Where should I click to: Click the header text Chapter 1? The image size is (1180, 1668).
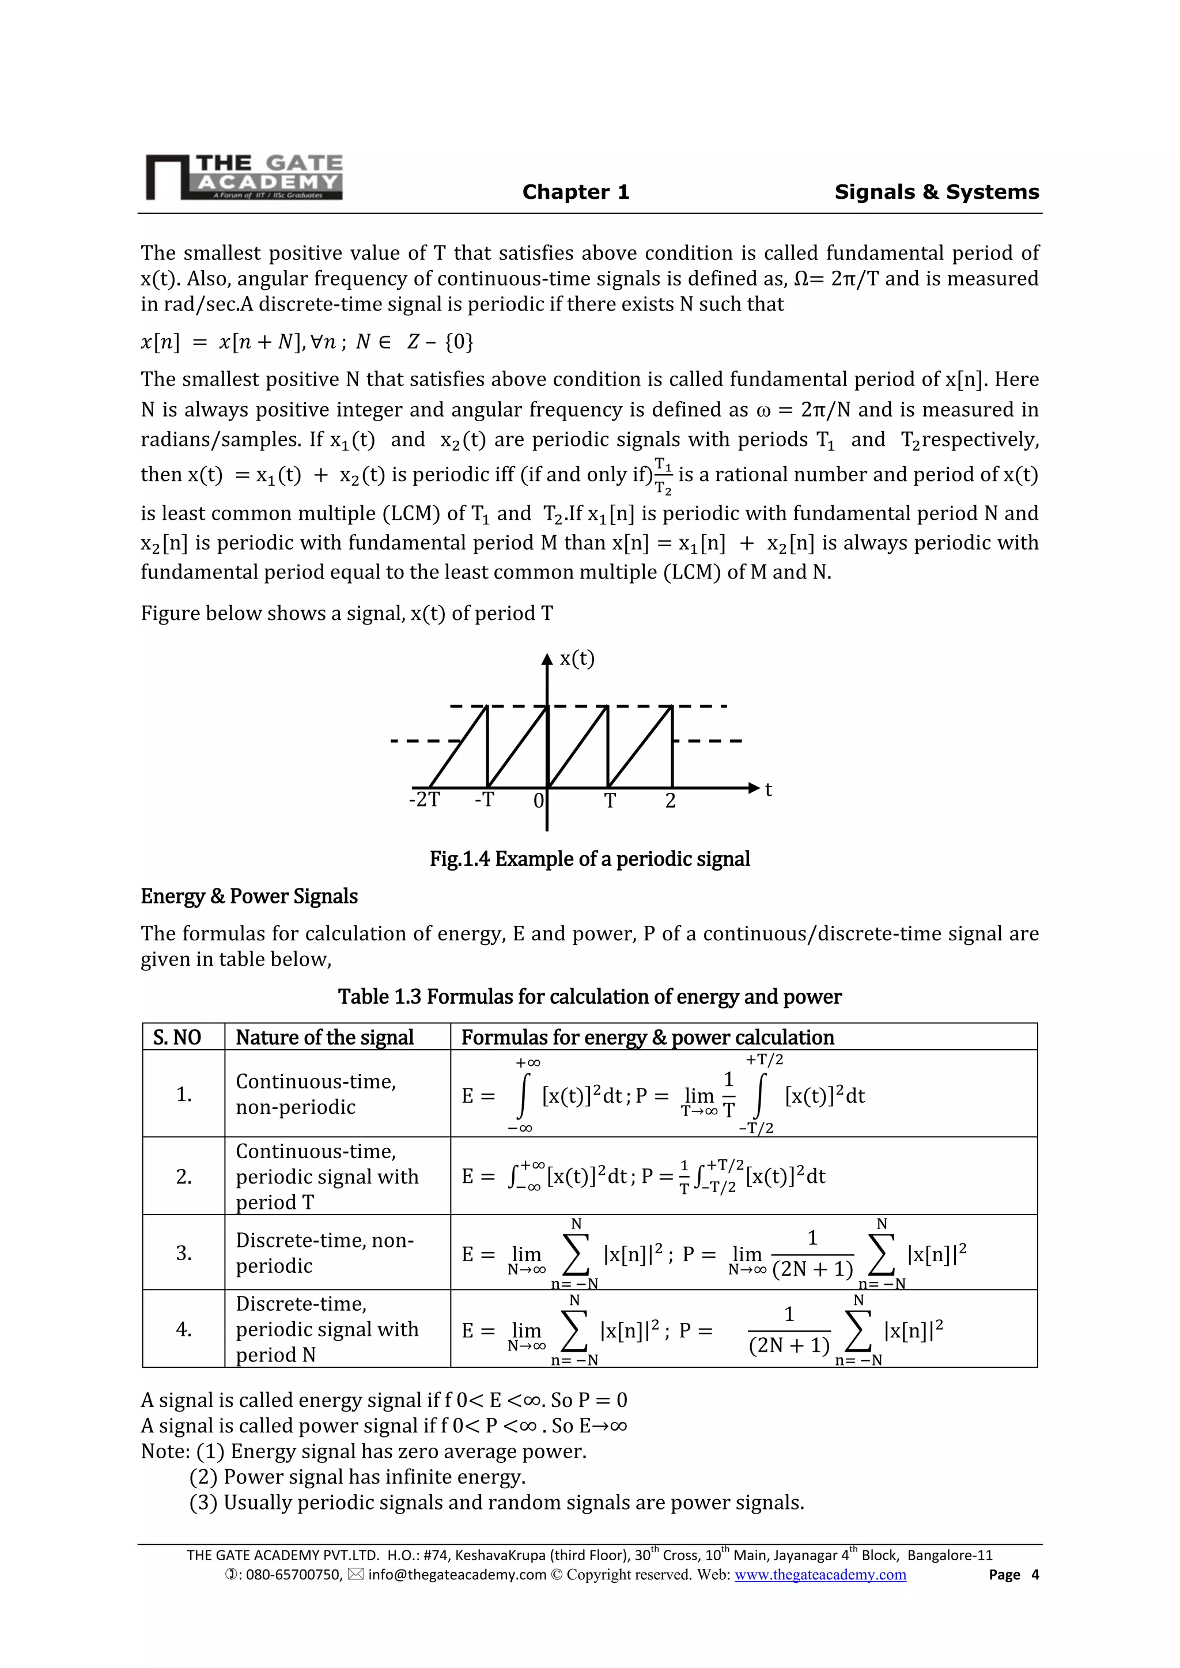coord(576,192)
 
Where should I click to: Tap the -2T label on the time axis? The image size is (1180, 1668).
coord(424,800)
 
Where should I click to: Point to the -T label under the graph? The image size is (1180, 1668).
coord(484,800)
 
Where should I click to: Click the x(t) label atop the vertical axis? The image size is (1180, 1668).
coord(577,659)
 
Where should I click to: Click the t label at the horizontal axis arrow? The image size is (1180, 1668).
coord(768,790)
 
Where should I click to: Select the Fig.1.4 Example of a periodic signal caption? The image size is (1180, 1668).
coord(589,858)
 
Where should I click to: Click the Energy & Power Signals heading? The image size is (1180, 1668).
coord(249,897)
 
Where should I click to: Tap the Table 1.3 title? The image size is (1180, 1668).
coord(589,996)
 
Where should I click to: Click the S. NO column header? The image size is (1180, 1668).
coord(177,1037)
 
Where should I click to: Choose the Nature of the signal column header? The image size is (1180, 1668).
coord(325,1037)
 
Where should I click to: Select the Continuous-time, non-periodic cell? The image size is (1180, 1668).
coord(316,1094)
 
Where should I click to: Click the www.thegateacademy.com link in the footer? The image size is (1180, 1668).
coord(820,1574)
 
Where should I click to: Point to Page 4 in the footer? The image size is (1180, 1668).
coord(1013,1574)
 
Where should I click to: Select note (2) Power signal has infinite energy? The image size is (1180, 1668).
coord(357,1477)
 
